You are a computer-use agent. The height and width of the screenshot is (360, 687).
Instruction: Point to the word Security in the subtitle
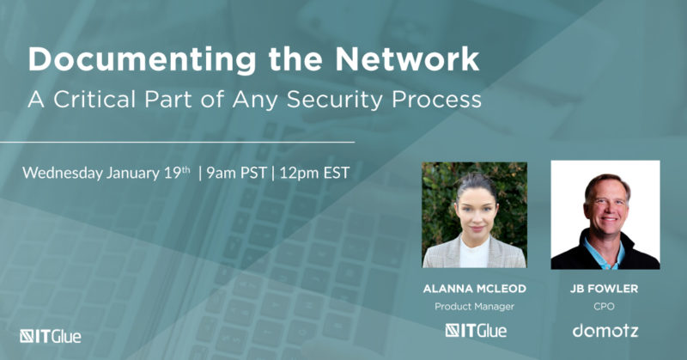(x=335, y=99)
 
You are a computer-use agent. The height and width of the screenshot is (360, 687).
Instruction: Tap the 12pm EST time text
(x=313, y=172)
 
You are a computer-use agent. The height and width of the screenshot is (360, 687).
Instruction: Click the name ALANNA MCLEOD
(x=476, y=287)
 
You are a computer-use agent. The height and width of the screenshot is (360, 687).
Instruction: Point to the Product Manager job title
(x=476, y=306)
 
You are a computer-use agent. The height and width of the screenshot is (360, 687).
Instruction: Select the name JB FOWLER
(x=605, y=287)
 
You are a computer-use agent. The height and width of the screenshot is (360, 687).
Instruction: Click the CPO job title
(x=605, y=306)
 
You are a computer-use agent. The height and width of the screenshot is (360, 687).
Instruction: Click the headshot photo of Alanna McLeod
(x=476, y=214)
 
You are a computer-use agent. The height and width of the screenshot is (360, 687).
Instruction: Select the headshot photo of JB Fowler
(x=605, y=214)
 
